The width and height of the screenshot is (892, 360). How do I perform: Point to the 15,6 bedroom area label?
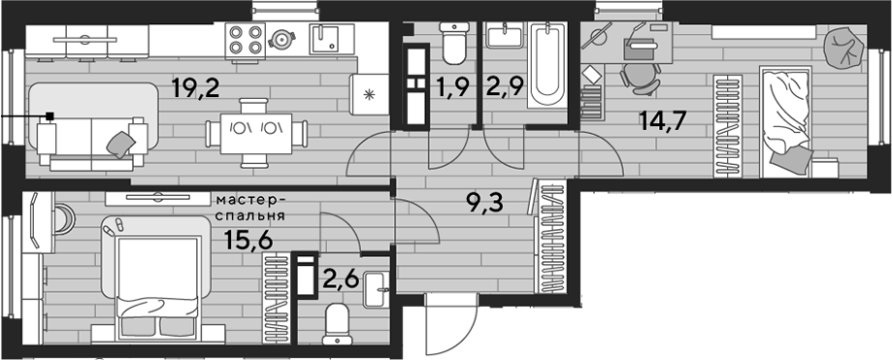(x=249, y=240)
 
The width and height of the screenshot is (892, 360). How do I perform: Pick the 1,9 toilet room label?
(x=454, y=87)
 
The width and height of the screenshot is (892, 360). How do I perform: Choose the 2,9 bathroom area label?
(x=504, y=87)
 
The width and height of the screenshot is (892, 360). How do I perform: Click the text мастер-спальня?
(x=250, y=209)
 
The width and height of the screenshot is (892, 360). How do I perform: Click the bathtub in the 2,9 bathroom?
(x=547, y=65)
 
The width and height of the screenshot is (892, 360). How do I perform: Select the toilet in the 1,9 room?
(x=455, y=43)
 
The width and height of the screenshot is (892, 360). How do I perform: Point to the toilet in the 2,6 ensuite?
(x=338, y=324)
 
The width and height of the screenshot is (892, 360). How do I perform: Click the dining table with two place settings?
(x=256, y=134)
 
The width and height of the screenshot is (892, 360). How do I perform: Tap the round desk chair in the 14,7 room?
(x=640, y=78)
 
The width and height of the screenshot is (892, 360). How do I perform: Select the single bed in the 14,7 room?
(x=785, y=121)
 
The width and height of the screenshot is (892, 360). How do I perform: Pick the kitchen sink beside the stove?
(x=323, y=39)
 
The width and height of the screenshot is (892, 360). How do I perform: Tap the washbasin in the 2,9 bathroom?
(x=504, y=35)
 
